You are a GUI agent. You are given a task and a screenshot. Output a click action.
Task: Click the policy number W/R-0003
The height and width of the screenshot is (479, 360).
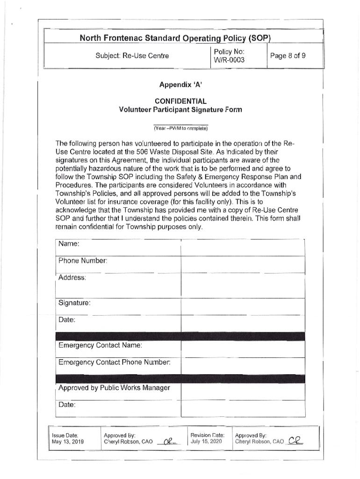pos(229,60)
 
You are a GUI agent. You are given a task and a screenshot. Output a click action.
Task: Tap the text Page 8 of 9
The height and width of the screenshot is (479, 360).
pos(290,56)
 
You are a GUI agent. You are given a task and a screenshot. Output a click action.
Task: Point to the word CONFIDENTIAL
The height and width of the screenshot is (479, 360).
pos(180,101)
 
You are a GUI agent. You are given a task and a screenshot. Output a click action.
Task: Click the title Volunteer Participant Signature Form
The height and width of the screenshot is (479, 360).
pos(180,110)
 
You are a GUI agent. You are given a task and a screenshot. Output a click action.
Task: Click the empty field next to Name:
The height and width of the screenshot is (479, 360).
pos(243,247)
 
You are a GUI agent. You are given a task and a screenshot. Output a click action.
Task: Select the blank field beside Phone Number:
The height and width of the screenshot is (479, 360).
pos(243,264)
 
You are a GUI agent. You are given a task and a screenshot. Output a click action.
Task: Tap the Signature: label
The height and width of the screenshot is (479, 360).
pos(74,303)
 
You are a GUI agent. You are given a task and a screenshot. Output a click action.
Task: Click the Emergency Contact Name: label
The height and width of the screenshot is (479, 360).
pos(100,346)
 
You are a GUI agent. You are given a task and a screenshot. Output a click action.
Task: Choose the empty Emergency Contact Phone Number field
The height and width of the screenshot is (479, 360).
pos(243,366)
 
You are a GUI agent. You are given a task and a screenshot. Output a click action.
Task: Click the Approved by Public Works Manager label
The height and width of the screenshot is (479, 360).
pos(114,388)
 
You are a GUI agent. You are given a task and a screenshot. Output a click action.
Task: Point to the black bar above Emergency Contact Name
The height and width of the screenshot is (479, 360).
pos(180,336)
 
